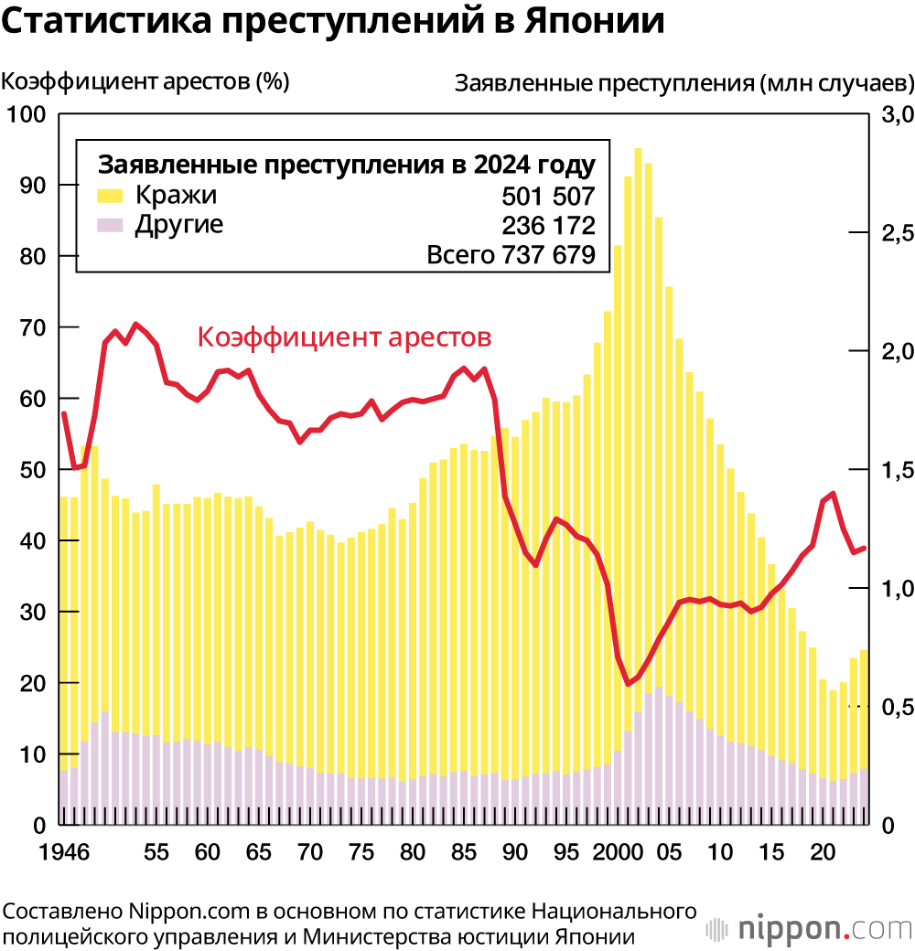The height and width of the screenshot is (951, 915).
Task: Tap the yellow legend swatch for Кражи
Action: coord(111,195)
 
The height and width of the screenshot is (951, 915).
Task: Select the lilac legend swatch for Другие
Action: coord(111,225)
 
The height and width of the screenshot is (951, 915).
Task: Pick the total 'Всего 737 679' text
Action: coord(511,256)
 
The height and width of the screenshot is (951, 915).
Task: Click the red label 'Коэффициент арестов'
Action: coord(345,337)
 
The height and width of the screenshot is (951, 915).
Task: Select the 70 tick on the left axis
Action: coord(31,327)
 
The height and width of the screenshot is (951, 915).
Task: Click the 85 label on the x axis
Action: coord(465,852)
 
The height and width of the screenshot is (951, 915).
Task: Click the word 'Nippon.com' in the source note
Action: coord(180,912)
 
